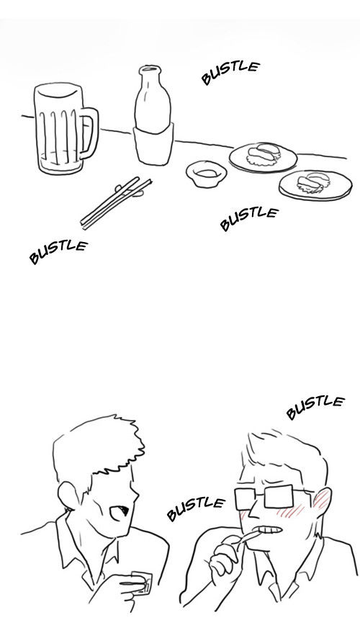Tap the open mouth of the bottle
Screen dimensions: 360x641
(150, 69)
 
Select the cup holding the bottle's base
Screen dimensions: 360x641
(153, 144)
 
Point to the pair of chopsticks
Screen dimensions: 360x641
(116, 202)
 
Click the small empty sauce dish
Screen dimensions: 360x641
(207, 174)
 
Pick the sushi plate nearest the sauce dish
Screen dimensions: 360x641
(263, 157)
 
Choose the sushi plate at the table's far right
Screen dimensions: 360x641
(315, 185)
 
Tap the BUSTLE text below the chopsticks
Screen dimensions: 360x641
(58, 251)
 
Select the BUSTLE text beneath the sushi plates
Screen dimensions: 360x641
(249, 218)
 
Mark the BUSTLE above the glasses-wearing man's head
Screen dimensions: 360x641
(315, 407)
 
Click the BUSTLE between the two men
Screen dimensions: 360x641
(195, 508)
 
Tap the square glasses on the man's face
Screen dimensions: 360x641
(270, 497)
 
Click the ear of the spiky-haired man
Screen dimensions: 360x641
(69, 495)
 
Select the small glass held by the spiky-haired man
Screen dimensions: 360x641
(141, 582)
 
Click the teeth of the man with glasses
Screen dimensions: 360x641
(270, 530)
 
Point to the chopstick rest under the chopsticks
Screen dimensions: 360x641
(129, 191)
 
